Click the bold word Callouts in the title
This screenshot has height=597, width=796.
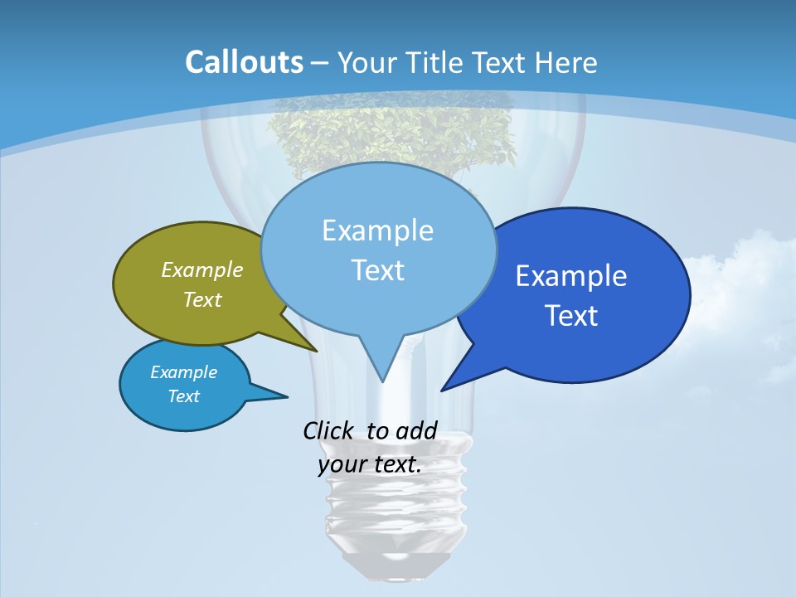(x=244, y=63)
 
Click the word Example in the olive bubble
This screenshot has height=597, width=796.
(x=201, y=270)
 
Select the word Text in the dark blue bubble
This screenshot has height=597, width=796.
(x=571, y=316)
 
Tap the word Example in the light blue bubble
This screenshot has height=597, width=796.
(x=377, y=231)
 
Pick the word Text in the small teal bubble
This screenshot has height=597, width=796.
(x=183, y=396)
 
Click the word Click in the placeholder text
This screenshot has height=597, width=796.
(x=330, y=430)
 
